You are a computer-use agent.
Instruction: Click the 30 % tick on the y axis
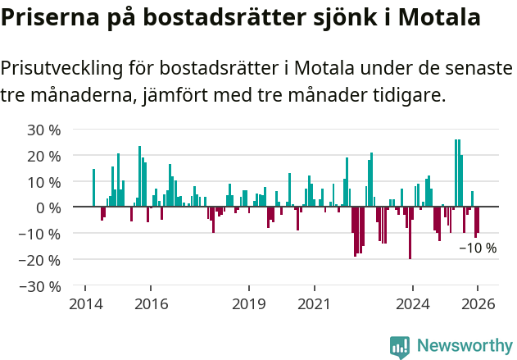point(44,130)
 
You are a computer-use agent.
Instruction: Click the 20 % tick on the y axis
point(44,156)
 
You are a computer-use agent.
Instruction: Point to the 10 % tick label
point(44,182)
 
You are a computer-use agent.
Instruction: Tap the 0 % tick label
point(48,207)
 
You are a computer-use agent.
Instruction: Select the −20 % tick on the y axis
point(40,260)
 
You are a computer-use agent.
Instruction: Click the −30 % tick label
point(40,286)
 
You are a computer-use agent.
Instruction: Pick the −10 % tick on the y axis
point(40,234)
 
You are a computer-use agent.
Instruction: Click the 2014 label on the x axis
point(85,304)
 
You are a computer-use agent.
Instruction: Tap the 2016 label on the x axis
point(151,304)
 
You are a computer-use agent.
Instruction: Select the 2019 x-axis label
point(248,304)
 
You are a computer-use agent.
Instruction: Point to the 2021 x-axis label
point(314,304)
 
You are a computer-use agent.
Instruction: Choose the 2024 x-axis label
point(412,304)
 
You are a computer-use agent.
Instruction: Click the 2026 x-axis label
point(478,304)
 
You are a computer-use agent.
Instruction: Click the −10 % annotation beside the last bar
point(478,248)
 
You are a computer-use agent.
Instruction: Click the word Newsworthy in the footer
point(464,346)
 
